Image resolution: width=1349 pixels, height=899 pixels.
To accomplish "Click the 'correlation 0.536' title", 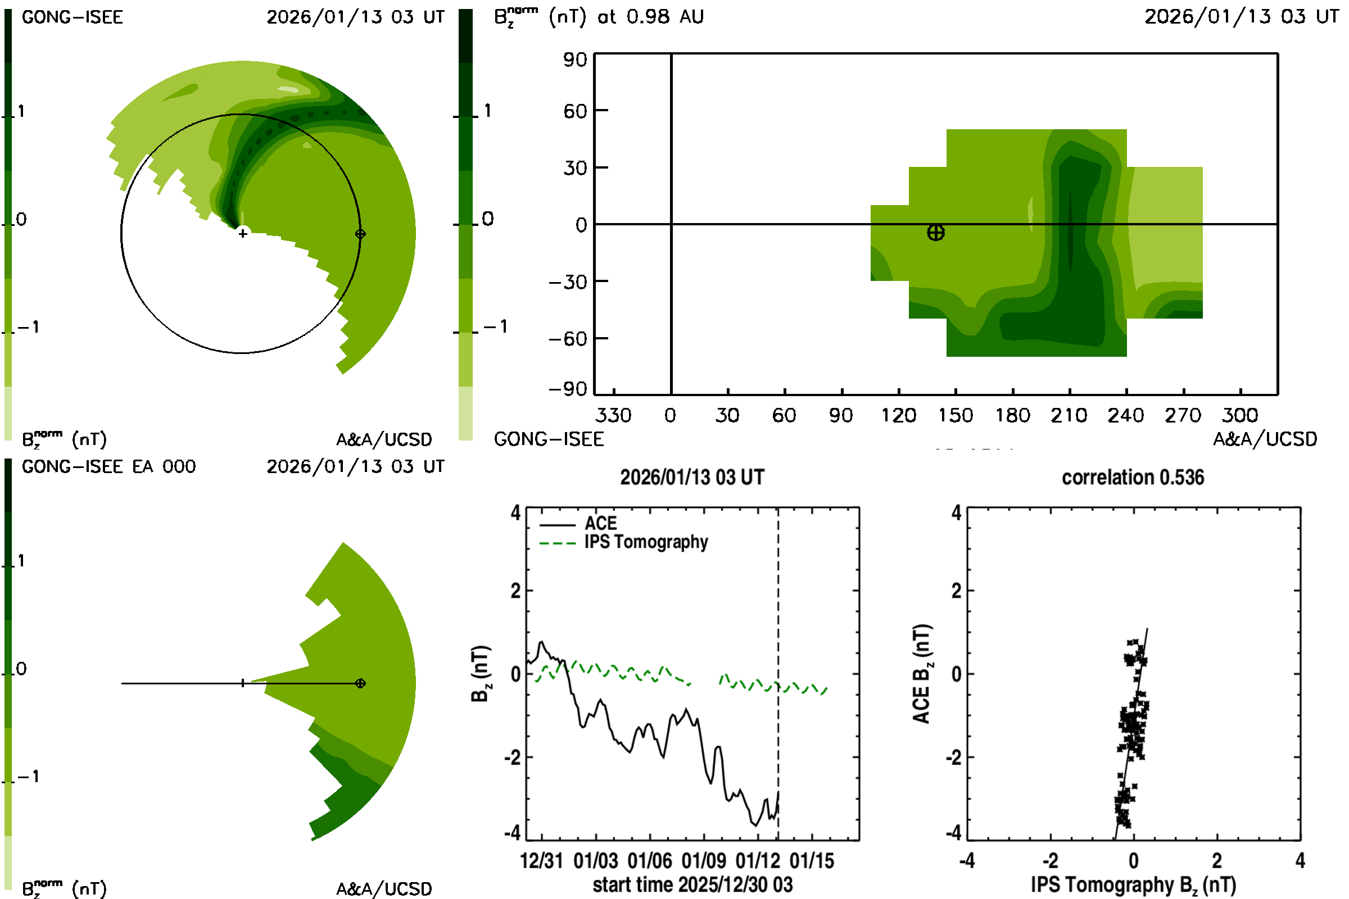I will point(1132,478).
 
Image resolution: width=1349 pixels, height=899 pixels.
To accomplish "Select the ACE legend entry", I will point(600,524).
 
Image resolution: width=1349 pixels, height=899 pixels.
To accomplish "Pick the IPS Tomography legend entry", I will point(646,542).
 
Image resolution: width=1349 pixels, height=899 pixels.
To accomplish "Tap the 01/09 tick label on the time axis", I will point(703,861).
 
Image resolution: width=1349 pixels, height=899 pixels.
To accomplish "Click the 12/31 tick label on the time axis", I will point(541,861).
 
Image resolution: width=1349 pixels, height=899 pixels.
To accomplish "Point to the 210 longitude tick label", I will point(1069,416).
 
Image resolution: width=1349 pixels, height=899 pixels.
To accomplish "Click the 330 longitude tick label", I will point(613,416).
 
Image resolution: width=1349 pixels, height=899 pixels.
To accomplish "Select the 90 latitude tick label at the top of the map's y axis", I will point(574,60).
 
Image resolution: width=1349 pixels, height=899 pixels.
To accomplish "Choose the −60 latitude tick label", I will point(568,339).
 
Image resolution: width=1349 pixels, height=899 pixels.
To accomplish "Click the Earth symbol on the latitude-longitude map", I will point(935,233).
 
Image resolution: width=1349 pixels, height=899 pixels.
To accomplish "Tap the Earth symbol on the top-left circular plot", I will point(360,234).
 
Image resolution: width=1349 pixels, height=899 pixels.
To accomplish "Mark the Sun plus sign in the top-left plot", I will point(243,233).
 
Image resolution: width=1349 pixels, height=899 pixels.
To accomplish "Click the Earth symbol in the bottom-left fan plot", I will point(360,683).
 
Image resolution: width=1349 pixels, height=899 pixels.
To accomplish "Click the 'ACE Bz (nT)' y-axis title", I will point(922,674).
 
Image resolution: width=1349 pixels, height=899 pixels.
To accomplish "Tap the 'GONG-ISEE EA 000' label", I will point(108,467).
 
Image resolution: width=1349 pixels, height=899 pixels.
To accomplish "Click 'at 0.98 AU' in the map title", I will point(650,17).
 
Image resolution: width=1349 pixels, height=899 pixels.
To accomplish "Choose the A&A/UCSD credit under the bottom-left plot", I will point(384,889).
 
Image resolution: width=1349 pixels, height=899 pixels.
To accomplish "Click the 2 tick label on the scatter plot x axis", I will point(1216,861).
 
